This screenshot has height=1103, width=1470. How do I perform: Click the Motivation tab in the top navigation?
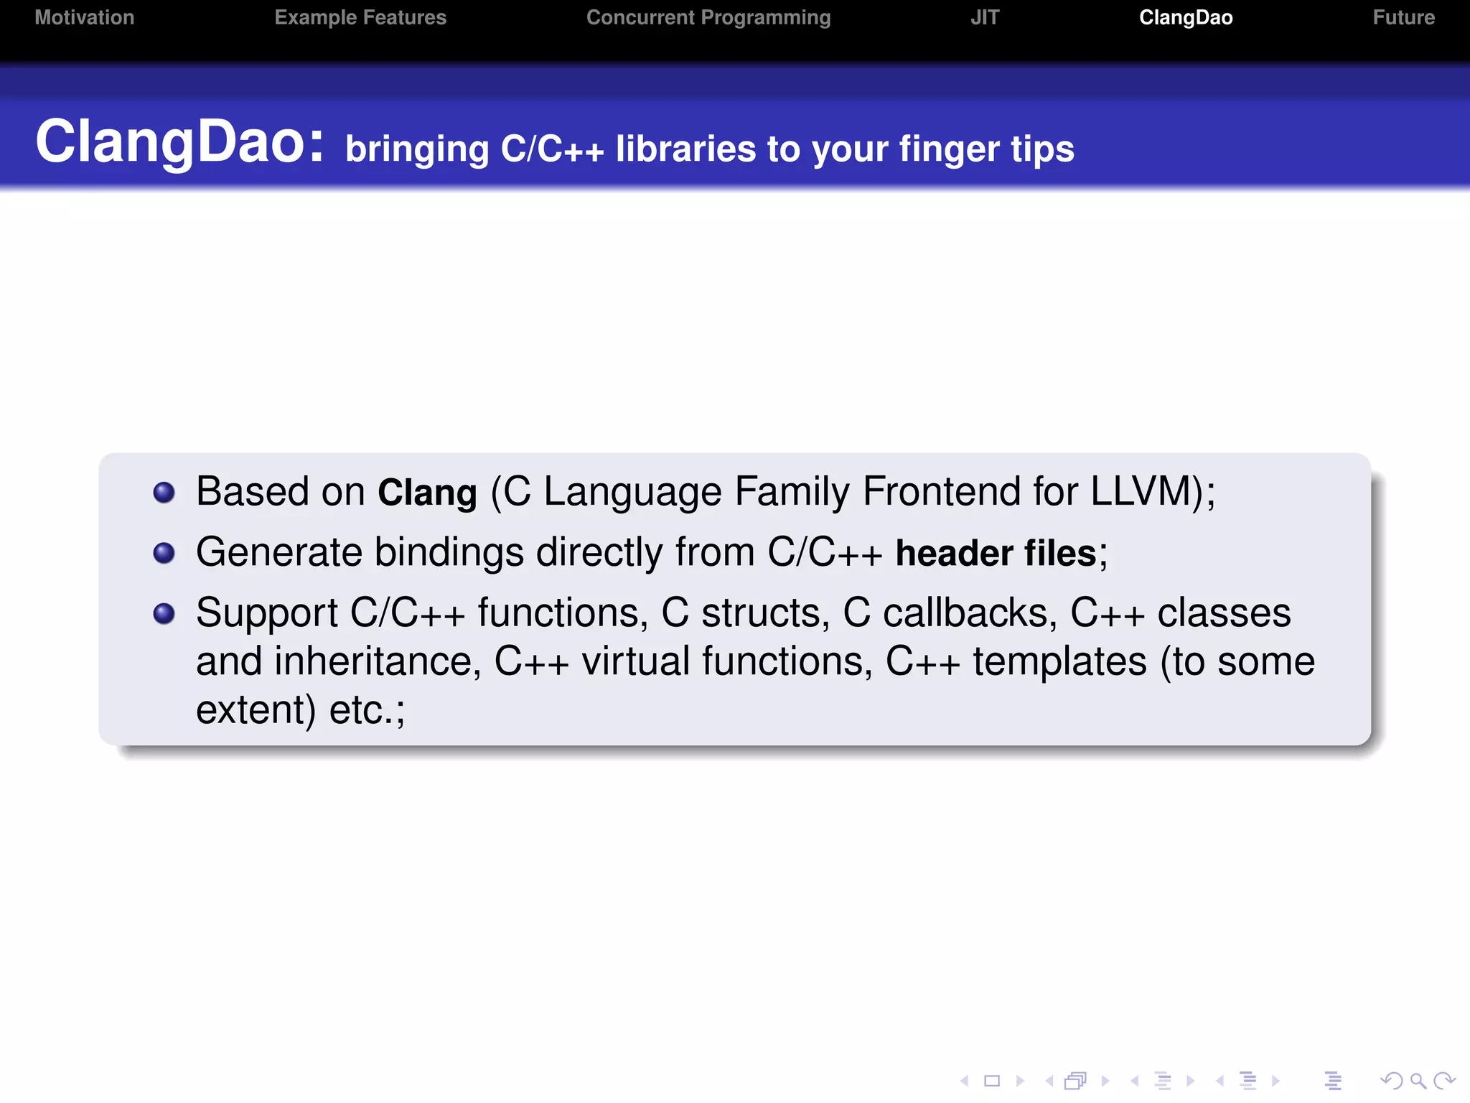click(x=85, y=17)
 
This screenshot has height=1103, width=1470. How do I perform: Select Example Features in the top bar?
click(x=360, y=17)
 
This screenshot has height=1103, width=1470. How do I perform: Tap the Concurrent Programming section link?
click(x=708, y=17)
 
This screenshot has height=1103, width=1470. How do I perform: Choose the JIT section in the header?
click(x=985, y=17)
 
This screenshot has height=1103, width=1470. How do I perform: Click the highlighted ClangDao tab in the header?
click(x=1186, y=17)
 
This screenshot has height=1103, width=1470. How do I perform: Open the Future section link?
click(x=1403, y=17)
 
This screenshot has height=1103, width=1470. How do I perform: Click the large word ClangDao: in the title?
click(x=179, y=142)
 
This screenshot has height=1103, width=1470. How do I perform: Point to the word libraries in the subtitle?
click(x=685, y=149)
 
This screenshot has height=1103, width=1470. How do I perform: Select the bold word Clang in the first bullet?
click(x=427, y=493)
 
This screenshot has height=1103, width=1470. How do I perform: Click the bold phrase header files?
click(x=996, y=554)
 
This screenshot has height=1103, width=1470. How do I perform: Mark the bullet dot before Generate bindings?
click(x=164, y=553)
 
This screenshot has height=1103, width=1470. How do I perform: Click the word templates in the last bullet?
click(x=1059, y=661)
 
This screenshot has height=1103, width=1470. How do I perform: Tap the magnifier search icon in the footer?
click(x=1417, y=1081)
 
